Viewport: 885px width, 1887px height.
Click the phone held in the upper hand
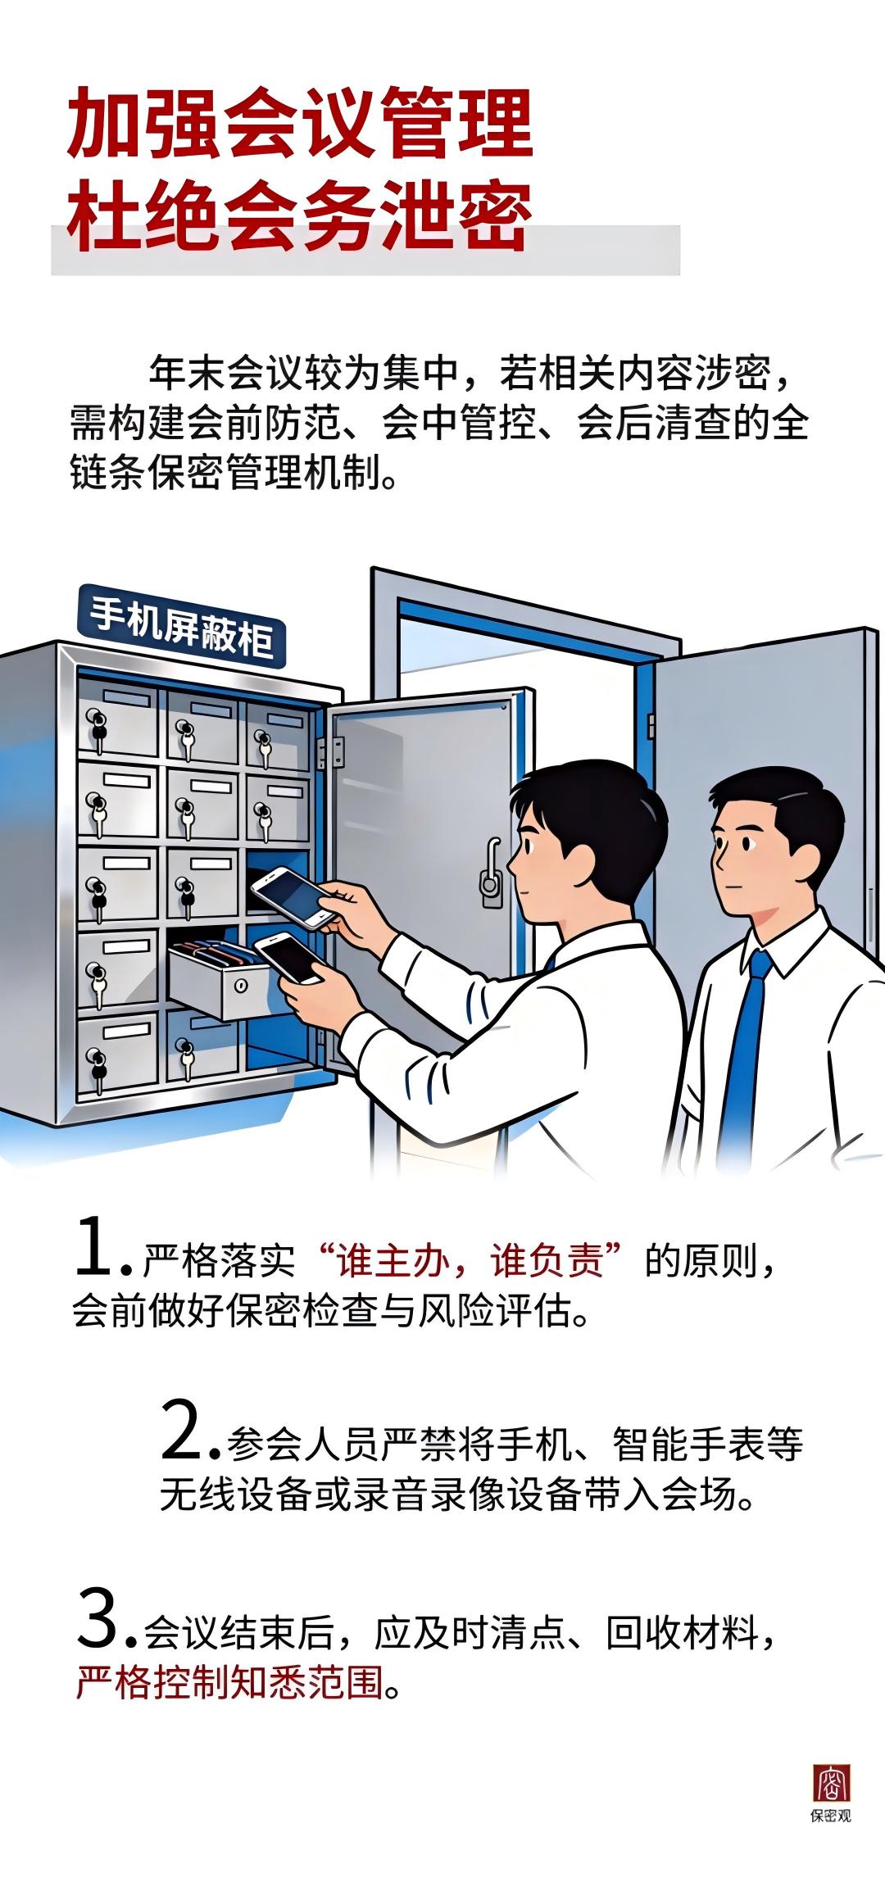pos(292,896)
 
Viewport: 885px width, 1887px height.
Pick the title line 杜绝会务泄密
pos(300,215)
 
